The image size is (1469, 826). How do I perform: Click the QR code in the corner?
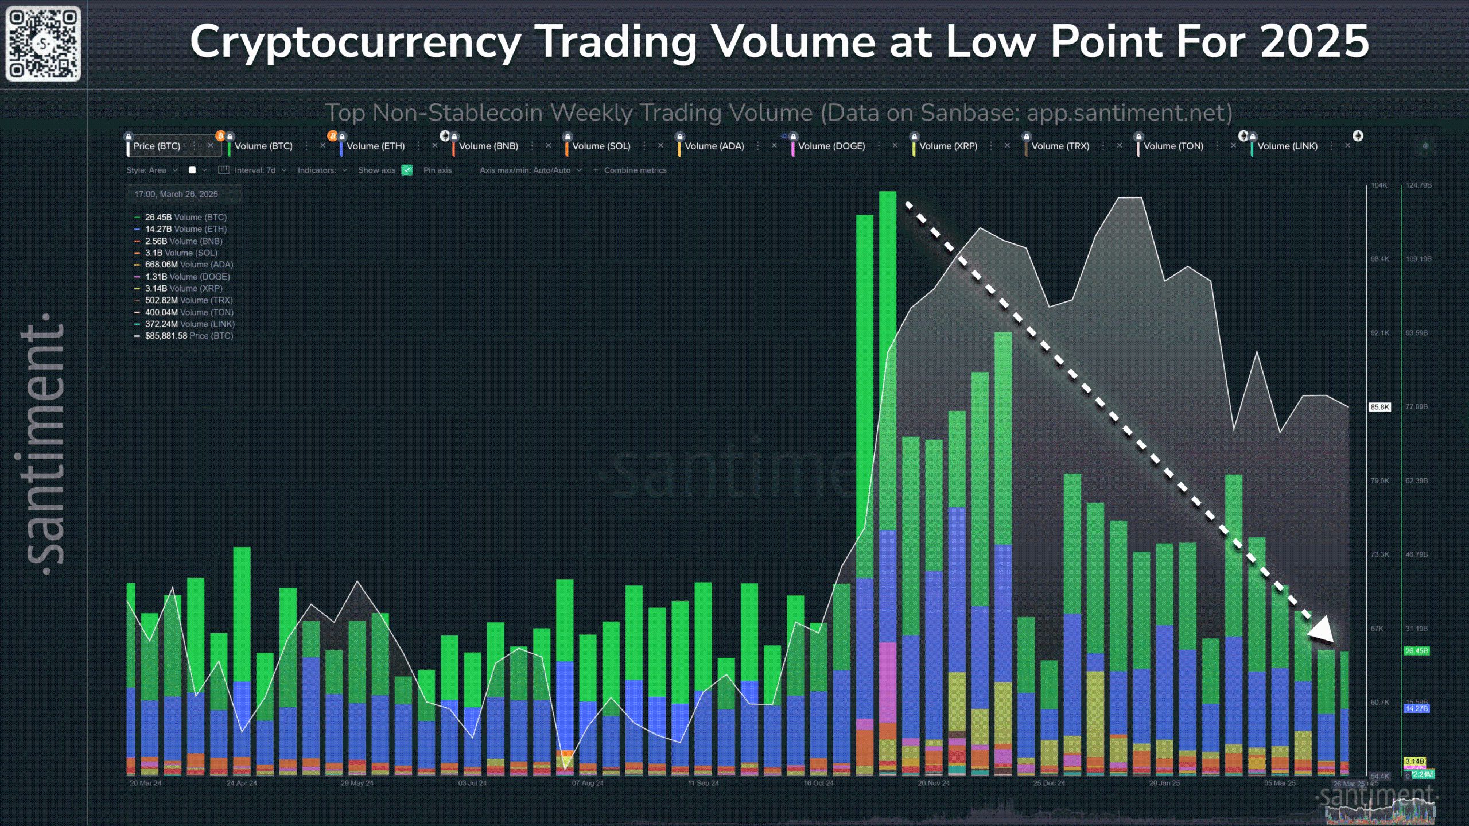[x=43, y=43]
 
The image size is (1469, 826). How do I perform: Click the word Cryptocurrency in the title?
[x=355, y=42]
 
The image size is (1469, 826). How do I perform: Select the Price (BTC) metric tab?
[x=157, y=146]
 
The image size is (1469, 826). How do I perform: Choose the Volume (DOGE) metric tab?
[x=831, y=146]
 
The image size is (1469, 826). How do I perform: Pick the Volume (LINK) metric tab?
[x=1287, y=146]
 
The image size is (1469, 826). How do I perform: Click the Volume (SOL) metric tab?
[x=601, y=146]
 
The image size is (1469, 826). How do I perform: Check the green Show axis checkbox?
[x=407, y=170]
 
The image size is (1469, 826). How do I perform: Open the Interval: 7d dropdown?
[x=255, y=170]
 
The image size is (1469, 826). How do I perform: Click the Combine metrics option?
[x=635, y=170]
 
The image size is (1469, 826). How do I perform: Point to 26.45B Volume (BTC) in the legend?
[x=185, y=217]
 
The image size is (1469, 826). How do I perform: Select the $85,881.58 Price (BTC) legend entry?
[x=189, y=336]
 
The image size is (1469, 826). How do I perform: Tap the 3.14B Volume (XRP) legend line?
[x=183, y=288]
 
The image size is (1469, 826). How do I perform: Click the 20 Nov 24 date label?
[x=933, y=783]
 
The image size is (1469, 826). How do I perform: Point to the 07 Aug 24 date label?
[x=588, y=783]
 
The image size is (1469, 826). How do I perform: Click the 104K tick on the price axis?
[x=1379, y=185]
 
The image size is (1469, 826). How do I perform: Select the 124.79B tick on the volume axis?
[x=1419, y=185]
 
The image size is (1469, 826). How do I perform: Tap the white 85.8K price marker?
[x=1380, y=407]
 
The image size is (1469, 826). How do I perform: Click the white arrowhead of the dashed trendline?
[x=1323, y=631]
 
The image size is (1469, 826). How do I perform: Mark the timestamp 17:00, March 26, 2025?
[x=176, y=194]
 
